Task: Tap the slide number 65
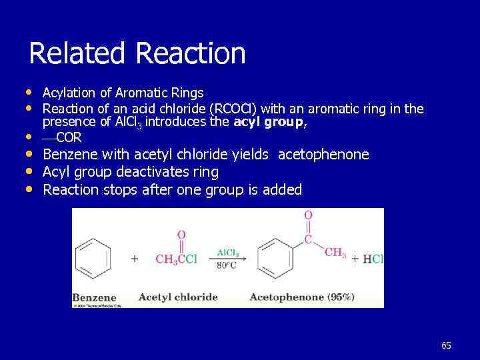tap(446, 345)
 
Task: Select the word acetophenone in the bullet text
tap(323, 155)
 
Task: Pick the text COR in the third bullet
tap(69, 137)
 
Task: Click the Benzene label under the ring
tap(94, 297)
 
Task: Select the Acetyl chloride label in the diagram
tap(178, 297)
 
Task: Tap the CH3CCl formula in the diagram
tap(175, 259)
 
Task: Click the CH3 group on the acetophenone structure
tap(335, 253)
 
